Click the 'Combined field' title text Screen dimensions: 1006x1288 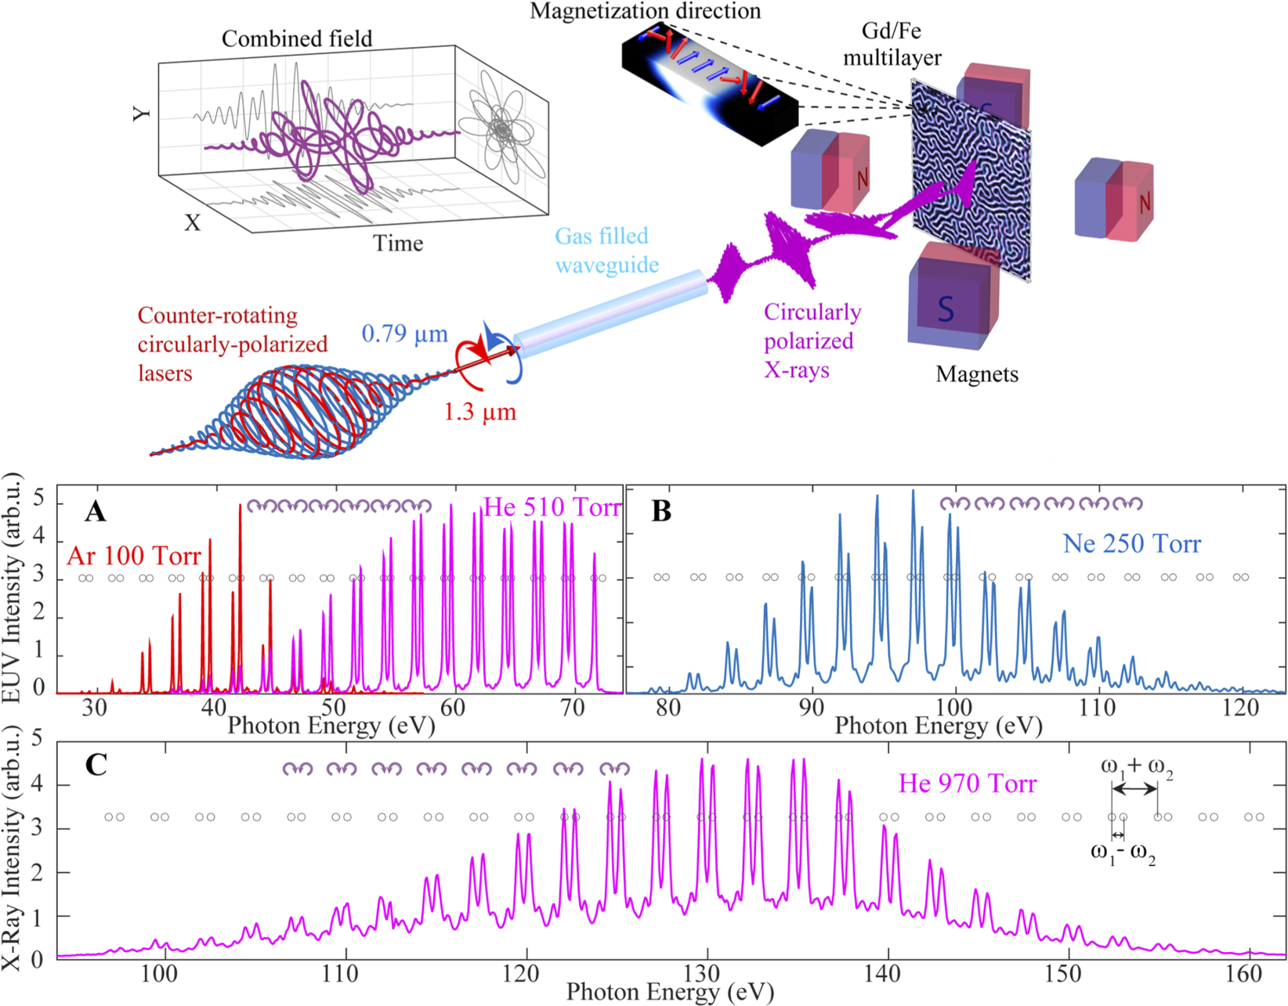pos(296,38)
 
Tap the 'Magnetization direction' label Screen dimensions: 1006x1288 pos(645,11)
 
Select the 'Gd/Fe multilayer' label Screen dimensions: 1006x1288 pos(892,44)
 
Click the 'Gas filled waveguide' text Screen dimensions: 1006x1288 pos(606,251)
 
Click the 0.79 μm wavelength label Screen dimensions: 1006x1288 pos(404,334)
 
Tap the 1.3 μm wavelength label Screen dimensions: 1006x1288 pos(479,411)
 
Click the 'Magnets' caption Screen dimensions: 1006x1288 pos(976,374)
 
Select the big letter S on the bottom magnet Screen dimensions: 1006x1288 pos(946,309)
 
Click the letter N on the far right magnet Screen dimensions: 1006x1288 pos(1144,204)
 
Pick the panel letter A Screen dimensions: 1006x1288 pos(95,511)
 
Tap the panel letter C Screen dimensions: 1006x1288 pos(96,764)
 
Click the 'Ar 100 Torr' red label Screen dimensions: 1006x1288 pos(134,556)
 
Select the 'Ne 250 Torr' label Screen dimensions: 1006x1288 pos(1131,543)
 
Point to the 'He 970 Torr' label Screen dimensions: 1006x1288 pos(967,784)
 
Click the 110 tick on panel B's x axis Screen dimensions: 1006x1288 pos(1097,708)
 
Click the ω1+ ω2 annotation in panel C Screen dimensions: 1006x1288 pos(1137,766)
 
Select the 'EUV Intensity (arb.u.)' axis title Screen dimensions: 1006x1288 pos(11,587)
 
